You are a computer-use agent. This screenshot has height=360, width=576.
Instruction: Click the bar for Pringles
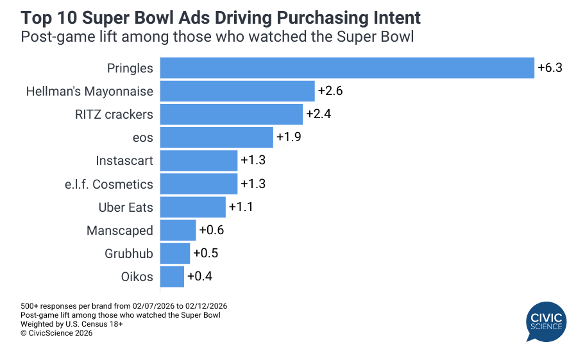(346, 68)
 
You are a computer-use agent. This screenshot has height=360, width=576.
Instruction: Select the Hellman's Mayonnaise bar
(237, 91)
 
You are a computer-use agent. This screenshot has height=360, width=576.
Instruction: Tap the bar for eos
(216, 137)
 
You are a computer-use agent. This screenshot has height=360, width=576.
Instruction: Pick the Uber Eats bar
(192, 207)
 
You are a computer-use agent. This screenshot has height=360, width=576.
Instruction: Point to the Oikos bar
(172, 277)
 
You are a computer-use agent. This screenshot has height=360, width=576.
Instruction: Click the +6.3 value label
(550, 68)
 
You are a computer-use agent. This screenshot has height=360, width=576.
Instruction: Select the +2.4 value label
(318, 114)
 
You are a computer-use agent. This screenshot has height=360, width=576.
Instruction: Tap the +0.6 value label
(211, 230)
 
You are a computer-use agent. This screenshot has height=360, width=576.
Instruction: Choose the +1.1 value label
(241, 207)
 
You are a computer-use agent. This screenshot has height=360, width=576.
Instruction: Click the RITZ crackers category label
(114, 114)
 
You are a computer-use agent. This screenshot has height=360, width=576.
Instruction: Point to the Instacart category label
(124, 161)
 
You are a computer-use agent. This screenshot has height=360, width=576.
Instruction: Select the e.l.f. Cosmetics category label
(112, 184)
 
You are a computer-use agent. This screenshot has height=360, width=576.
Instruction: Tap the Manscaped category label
(120, 230)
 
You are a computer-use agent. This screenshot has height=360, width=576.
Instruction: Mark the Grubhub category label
(129, 253)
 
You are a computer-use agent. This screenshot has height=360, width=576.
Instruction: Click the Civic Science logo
(546, 321)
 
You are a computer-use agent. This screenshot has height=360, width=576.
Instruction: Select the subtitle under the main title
(217, 37)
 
